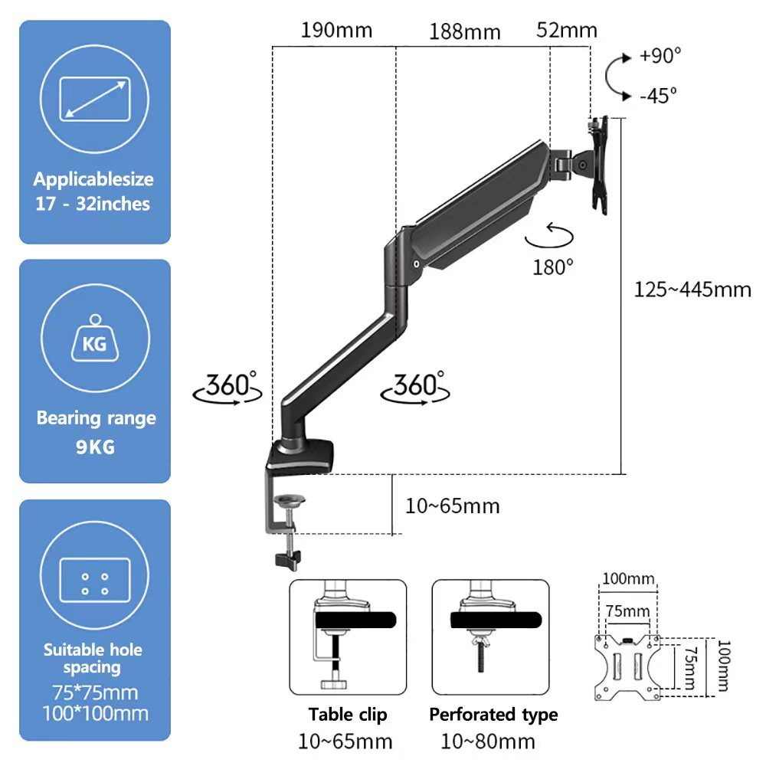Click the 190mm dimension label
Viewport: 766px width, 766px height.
pos(336,31)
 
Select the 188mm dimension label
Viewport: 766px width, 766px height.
pos(465,32)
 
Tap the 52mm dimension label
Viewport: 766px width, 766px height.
pos(567,31)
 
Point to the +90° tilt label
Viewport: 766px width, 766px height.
pos(660,56)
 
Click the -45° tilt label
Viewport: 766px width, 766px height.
pos(658,95)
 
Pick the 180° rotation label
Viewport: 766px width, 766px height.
pos(552,267)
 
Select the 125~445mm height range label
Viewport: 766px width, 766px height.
pos(692,290)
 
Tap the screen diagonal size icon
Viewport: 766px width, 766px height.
pos(95,99)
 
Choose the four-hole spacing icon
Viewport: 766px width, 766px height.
pos(95,580)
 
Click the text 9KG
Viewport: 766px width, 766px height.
pos(95,447)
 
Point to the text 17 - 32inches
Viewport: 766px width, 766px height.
pos(93,204)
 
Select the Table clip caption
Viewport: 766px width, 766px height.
pos(347,714)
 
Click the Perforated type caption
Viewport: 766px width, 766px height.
pos(493,714)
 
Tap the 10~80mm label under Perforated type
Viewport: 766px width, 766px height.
pos(487,741)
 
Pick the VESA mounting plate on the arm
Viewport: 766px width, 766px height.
pos(600,165)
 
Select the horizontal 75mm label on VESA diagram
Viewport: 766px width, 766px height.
pos(627,611)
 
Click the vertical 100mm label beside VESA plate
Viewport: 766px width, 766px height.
pos(724,666)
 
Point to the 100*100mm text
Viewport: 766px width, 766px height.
pos(95,714)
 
